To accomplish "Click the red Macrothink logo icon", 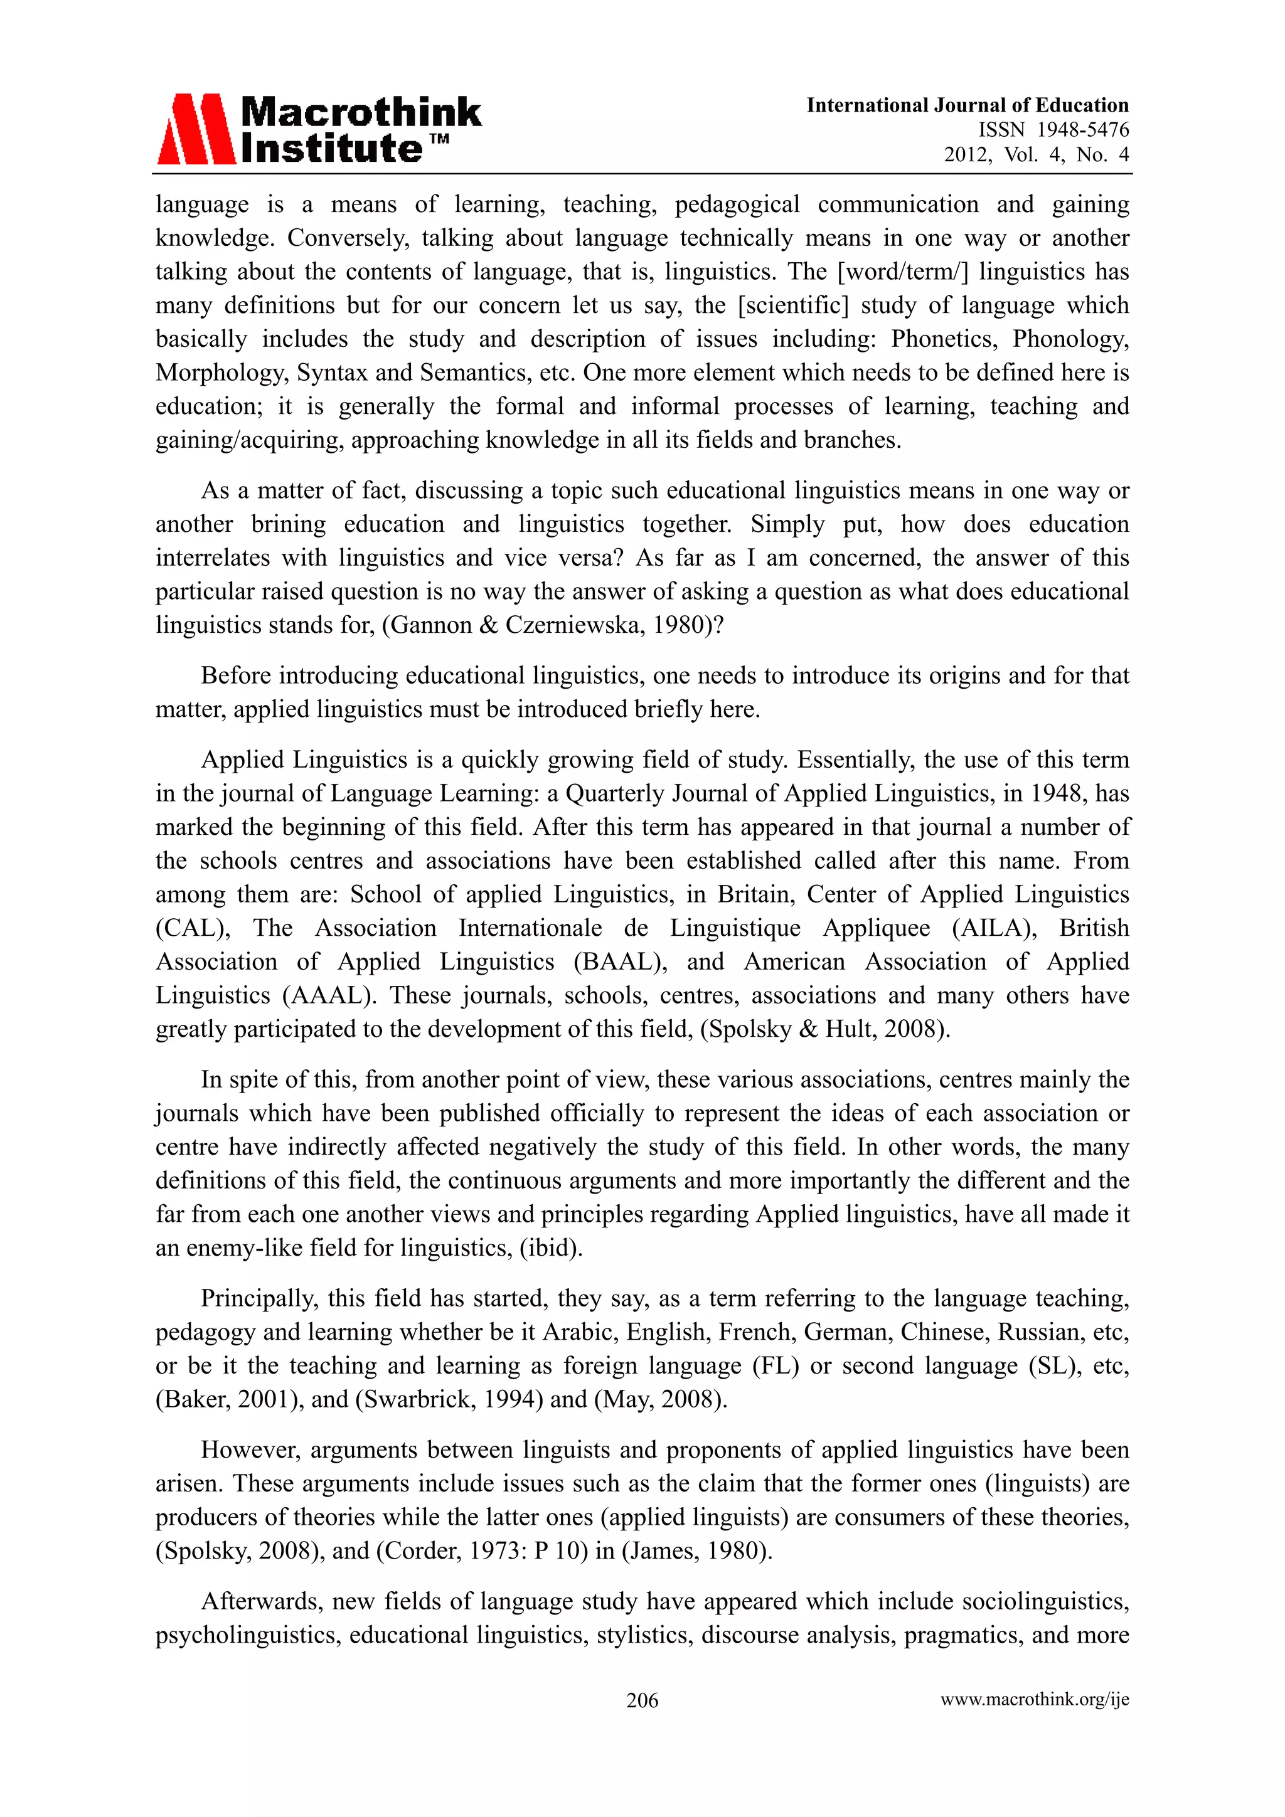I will [x=196, y=129].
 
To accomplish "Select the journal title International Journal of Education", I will [x=967, y=105].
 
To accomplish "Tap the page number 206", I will [x=642, y=1699].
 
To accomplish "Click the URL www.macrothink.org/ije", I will [x=1034, y=1699].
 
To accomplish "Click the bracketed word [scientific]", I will [x=792, y=305].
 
